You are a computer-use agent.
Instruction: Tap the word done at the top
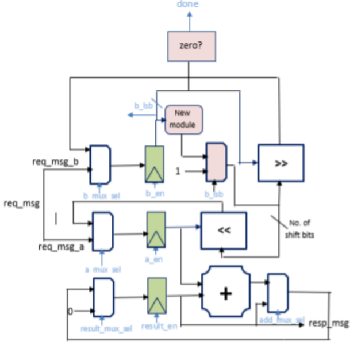click(x=187, y=5)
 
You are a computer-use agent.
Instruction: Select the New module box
click(x=185, y=119)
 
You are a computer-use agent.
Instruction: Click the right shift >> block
click(x=281, y=163)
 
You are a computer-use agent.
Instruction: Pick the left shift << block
click(x=224, y=231)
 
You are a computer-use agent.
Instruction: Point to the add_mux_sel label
click(x=282, y=320)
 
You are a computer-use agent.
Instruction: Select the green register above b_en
click(x=154, y=163)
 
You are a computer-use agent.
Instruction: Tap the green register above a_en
click(x=156, y=231)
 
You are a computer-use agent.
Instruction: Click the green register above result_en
click(x=156, y=296)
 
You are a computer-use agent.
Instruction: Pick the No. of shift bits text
click(x=298, y=229)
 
